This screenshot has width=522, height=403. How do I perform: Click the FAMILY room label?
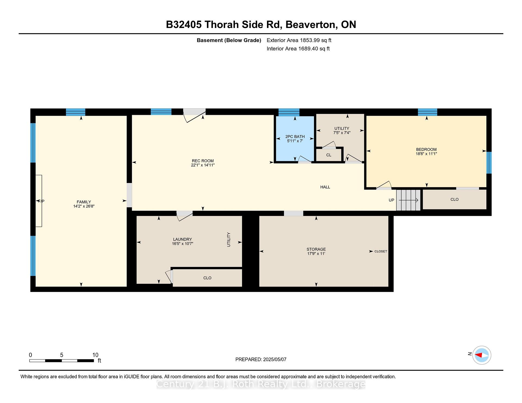pyautogui.click(x=84, y=202)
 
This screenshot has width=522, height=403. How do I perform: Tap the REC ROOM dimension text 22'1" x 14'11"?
pyautogui.click(x=203, y=165)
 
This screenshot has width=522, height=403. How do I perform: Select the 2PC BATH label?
pyautogui.click(x=295, y=137)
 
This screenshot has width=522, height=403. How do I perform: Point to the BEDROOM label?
pyautogui.click(x=426, y=149)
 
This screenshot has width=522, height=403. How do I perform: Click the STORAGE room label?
pyautogui.click(x=316, y=249)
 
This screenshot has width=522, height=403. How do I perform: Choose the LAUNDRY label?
pyautogui.click(x=182, y=239)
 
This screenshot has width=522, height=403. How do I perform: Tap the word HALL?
pyautogui.click(x=325, y=187)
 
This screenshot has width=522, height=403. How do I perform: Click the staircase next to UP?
pyautogui.click(x=408, y=200)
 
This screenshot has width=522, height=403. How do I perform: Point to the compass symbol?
pyautogui.click(x=481, y=355)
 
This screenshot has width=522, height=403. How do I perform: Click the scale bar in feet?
pyautogui.click(x=62, y=361)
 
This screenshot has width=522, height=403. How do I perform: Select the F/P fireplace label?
pyautogui.click(x=41, y=201)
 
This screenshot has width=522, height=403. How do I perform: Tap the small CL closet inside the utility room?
pyautogui.click(x=329, y=155)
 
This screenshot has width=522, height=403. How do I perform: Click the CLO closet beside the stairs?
pyautogui.click(x=455, y=199)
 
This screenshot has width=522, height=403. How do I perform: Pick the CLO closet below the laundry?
pyautogui.click(x=207, y=278)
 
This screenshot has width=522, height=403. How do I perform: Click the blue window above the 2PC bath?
pyautogui.click(x=289, y=112)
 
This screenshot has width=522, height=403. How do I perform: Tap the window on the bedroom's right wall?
pyautogui.click(x=489, y=162)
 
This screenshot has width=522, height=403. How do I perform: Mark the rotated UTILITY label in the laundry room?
pyautogui.click(x=229, y=240)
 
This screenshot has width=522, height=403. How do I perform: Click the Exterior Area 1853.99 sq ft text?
pyautogui.click(x=299, y=40)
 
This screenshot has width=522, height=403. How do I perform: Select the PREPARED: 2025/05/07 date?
pyautogui.click(x=261, y=360)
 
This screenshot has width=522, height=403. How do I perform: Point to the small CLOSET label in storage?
pyautogui.click(x=381, y=251)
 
